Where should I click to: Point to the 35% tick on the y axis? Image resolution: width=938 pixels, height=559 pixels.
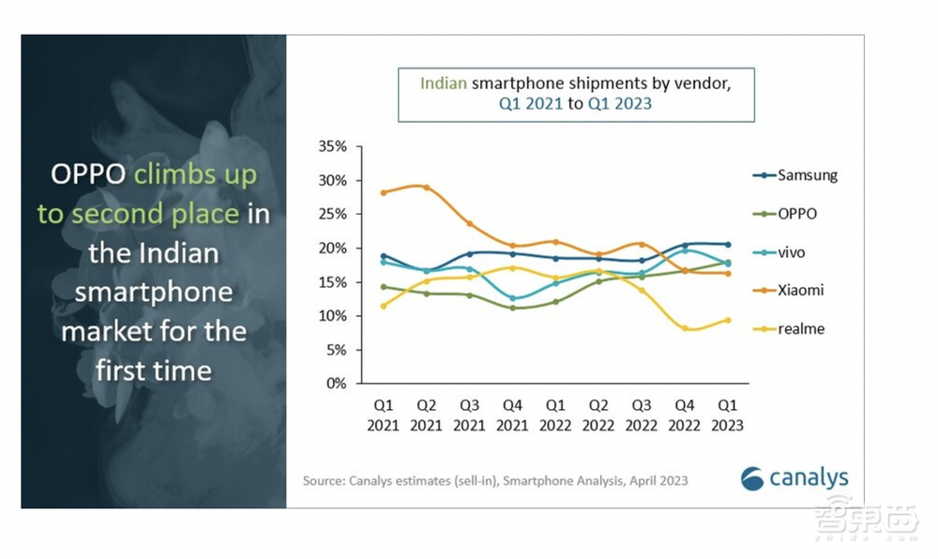click(334, 147)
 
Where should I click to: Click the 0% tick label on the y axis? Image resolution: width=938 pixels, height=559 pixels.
click(338, 384)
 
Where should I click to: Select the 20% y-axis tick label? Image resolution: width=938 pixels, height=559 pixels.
click(334, 249)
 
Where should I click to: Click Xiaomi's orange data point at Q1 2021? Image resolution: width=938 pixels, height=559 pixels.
click(383, 192)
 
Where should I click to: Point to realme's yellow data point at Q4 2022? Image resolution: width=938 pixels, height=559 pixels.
click(686, 328)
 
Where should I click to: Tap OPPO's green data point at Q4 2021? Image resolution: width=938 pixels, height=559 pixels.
click(512, 308)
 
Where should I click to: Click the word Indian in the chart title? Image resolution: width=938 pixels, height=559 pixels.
click(443, 83)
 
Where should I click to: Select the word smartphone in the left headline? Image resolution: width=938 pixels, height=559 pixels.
click(154, 292)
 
